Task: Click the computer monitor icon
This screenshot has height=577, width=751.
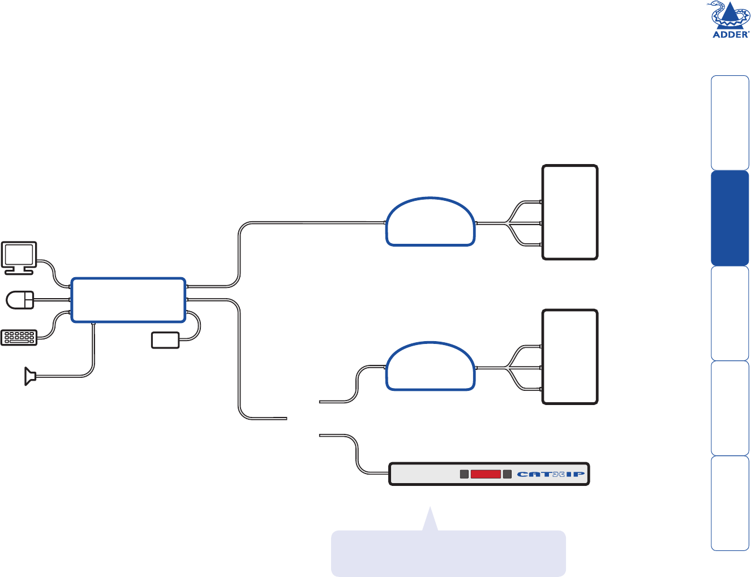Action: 19,258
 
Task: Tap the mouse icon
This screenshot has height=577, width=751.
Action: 20,300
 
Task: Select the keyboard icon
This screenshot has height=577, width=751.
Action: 19,338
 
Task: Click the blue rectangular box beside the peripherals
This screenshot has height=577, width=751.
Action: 128,300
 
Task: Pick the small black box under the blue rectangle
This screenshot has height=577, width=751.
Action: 165,340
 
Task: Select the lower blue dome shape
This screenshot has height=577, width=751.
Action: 431,368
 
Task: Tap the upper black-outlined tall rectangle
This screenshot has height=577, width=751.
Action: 570,212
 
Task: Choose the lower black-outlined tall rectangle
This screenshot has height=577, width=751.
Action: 570,356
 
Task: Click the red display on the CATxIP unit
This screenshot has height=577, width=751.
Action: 486,474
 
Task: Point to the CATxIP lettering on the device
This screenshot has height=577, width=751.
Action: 551,475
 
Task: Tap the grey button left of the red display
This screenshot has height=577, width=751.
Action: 464,474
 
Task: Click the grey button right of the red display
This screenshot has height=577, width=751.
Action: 507,474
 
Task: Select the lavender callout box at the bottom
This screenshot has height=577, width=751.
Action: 448,553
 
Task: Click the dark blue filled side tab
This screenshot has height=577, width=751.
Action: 730,218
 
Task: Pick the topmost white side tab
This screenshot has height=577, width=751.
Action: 730,123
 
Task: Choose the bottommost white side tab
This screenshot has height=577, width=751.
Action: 730,503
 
